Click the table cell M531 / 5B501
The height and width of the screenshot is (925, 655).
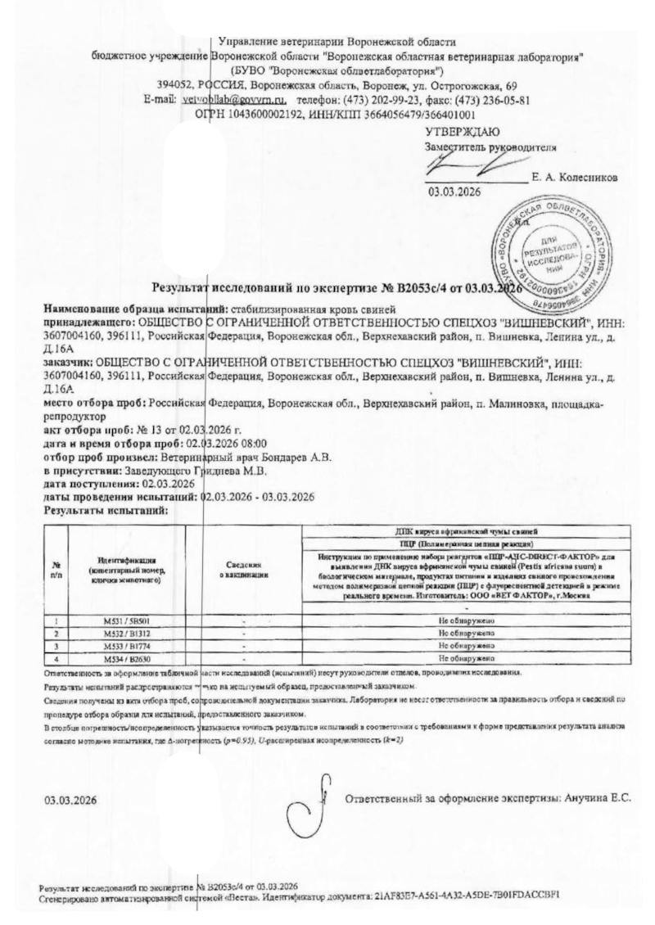pos(127,621)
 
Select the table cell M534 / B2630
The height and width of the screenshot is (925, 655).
pos(127,657)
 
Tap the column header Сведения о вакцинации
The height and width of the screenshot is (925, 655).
pos(244,570)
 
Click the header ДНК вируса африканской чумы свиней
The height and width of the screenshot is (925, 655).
pos(467,531)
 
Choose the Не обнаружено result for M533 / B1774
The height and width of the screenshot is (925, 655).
pos(467,646)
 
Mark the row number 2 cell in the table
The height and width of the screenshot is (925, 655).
pos(56,634)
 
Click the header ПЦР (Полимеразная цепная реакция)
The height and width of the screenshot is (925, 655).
pos(467,543)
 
